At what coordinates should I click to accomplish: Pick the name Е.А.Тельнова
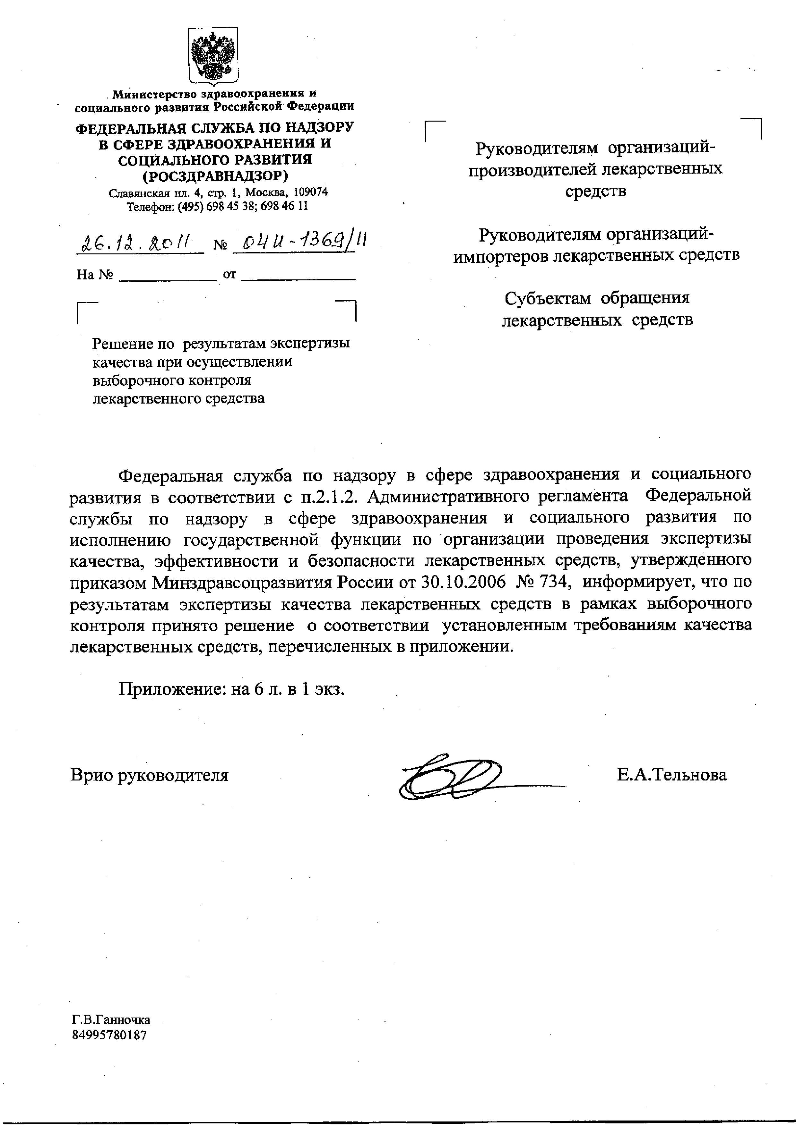671,775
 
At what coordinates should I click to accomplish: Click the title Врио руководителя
150,775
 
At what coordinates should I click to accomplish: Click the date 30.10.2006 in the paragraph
463,582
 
